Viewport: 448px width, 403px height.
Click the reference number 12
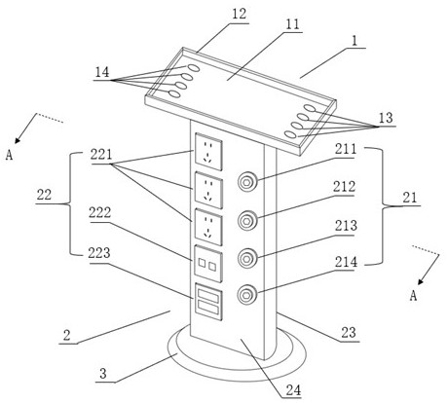239,15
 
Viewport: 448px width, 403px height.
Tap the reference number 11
293,24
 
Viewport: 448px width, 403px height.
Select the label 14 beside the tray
102,72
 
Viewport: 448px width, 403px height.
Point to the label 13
386,118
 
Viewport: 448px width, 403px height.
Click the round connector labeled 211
247,182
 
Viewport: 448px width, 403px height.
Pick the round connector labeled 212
247,221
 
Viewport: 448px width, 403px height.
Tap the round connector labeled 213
247,258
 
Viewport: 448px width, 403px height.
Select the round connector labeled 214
247,295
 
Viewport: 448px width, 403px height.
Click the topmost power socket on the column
208,152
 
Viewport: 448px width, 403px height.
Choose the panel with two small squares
208,264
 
